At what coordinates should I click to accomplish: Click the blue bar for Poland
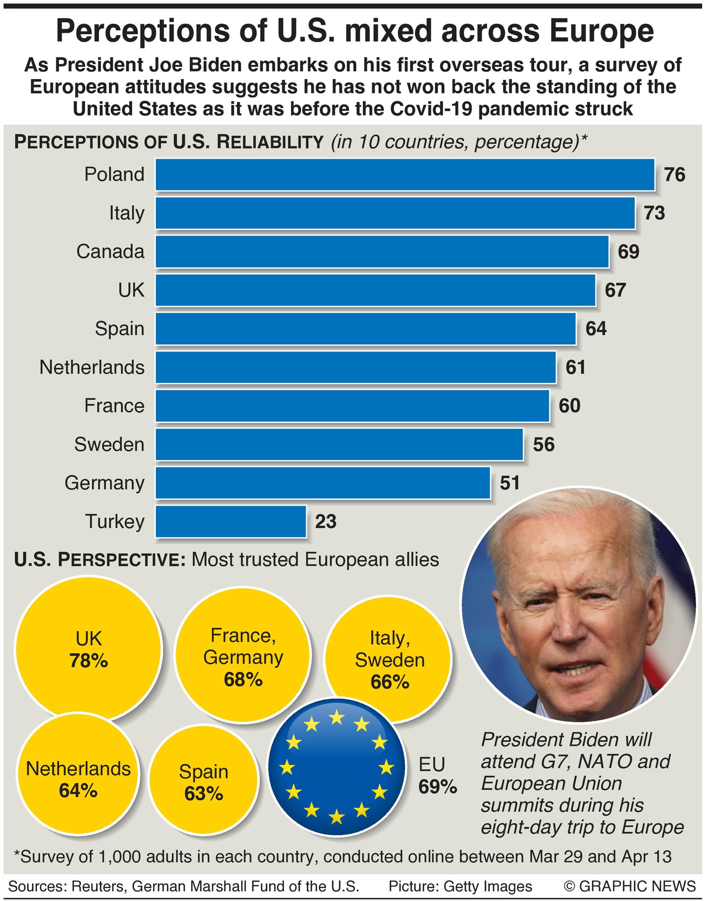(x=404, y=175)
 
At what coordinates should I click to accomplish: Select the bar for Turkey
(x=230, y=521)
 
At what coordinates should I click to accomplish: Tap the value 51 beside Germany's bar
(x=509, y=483)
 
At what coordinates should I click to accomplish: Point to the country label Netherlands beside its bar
(x=92, y=368)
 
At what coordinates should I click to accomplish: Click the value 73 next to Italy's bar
(x=654, y=213)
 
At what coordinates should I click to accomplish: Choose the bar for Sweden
(x=339, y=444)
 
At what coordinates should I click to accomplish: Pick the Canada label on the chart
(x=110, y=252)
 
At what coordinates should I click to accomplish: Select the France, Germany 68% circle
(x=243, y=658)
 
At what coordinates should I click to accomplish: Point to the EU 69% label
(x=437, y=776)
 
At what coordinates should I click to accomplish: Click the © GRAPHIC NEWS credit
(x=630, y=886)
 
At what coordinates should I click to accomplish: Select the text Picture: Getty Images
(x=460, y=886)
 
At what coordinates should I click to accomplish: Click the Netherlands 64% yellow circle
(x=78, y=779)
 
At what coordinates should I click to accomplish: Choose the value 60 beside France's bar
(x=569, y=406)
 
